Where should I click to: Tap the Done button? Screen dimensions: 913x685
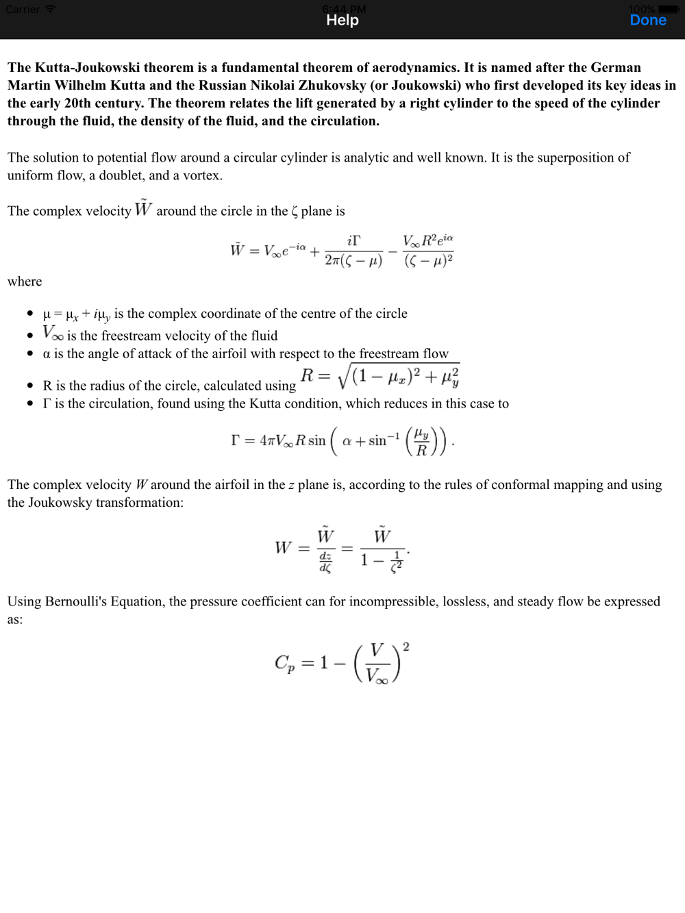pyautogui.click(x=647, y=21)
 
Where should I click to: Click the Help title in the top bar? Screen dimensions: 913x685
pyautogui.click(x=342, y=21)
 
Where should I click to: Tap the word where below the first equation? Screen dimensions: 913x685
pyautogui.click(x=25, y=282)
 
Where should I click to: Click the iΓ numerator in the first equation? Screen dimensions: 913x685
pyautogui.click(x=353, y=240)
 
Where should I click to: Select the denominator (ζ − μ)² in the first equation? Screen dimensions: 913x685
pyautogui.click(x=428, y=261)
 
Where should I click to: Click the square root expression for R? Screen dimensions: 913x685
pyautogui.click(x=399, y=376)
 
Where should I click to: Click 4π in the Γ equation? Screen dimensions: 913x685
pyautogui.click(x=267, y=440)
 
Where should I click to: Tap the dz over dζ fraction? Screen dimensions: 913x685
pyautogui.click(x=325, y=562)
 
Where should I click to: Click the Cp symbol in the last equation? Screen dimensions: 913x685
pyautogui.click(x=284, y=663)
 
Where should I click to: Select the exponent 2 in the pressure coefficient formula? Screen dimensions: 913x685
pyautogui.click(x=406, y=647)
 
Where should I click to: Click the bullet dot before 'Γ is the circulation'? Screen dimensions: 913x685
pyautogui.click(x=30, y=403)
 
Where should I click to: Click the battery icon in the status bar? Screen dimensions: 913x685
pyautogui.click(x=669, y=10)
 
